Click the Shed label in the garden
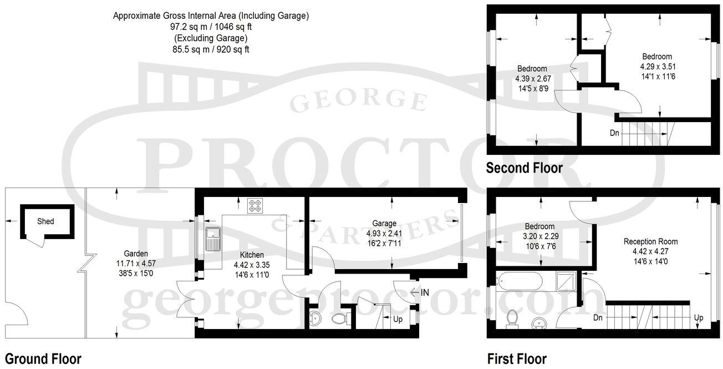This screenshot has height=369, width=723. (45, 221)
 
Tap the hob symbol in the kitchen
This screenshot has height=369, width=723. (256, 206)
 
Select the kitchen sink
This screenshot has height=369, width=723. (212, 240)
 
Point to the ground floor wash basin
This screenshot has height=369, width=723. (315, 319)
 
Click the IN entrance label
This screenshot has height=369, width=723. (425, 292)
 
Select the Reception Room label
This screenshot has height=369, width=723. (650, 241)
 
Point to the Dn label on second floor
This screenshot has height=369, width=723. (614, 133)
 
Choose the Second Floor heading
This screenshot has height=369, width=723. (524, 168)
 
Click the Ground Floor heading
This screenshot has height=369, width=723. (43, 358)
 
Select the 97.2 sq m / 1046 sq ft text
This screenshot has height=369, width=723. (211, 27)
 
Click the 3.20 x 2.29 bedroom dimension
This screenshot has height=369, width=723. (539, 236)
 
